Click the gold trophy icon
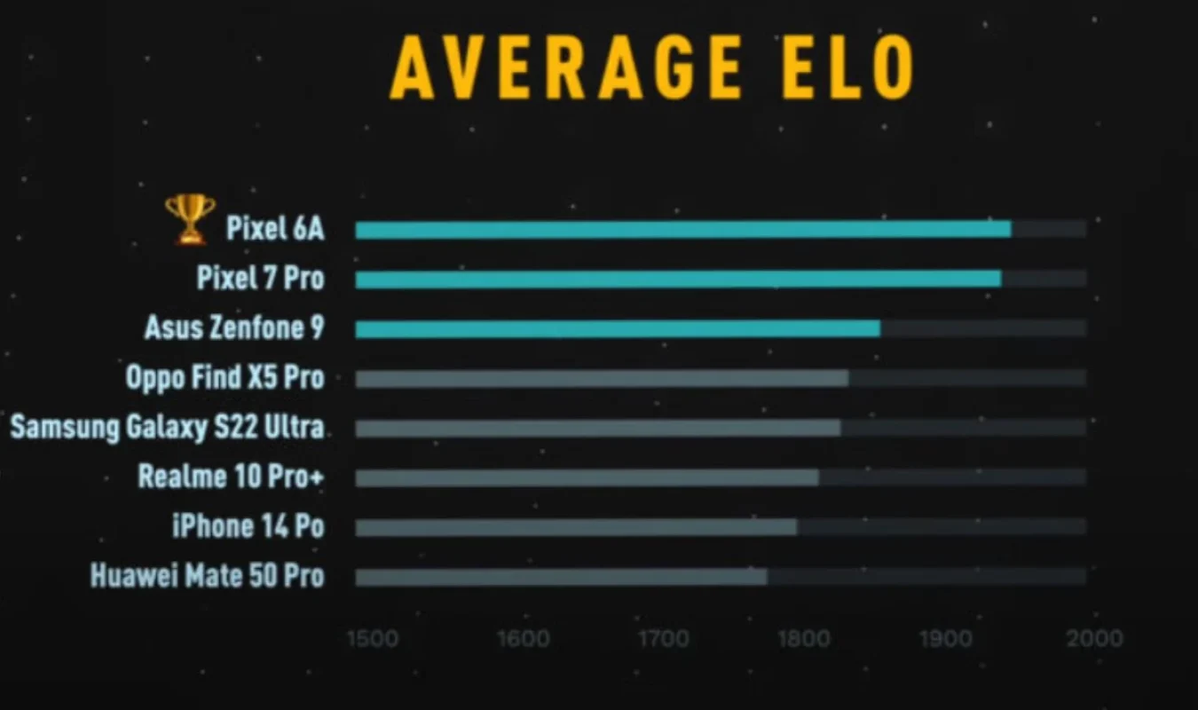pos(190,218)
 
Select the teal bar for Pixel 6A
pos(683,230)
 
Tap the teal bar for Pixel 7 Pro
pos(678,280)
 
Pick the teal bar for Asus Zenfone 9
pos(618,329)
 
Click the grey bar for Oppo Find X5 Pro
pos(602,379)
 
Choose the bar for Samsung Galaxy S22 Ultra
pos(598,429)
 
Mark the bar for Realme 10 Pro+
pos(587,478)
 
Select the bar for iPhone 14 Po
pos(576,528)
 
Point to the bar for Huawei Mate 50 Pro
pos(561,578)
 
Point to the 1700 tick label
pos(662,639)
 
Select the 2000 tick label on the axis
pos(1093,639)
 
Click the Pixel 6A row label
pos(275,229)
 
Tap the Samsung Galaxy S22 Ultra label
pos(167,428)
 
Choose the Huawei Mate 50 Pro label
pos(207,577)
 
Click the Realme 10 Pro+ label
pos(231,477)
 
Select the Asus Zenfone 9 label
pos(234,328)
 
